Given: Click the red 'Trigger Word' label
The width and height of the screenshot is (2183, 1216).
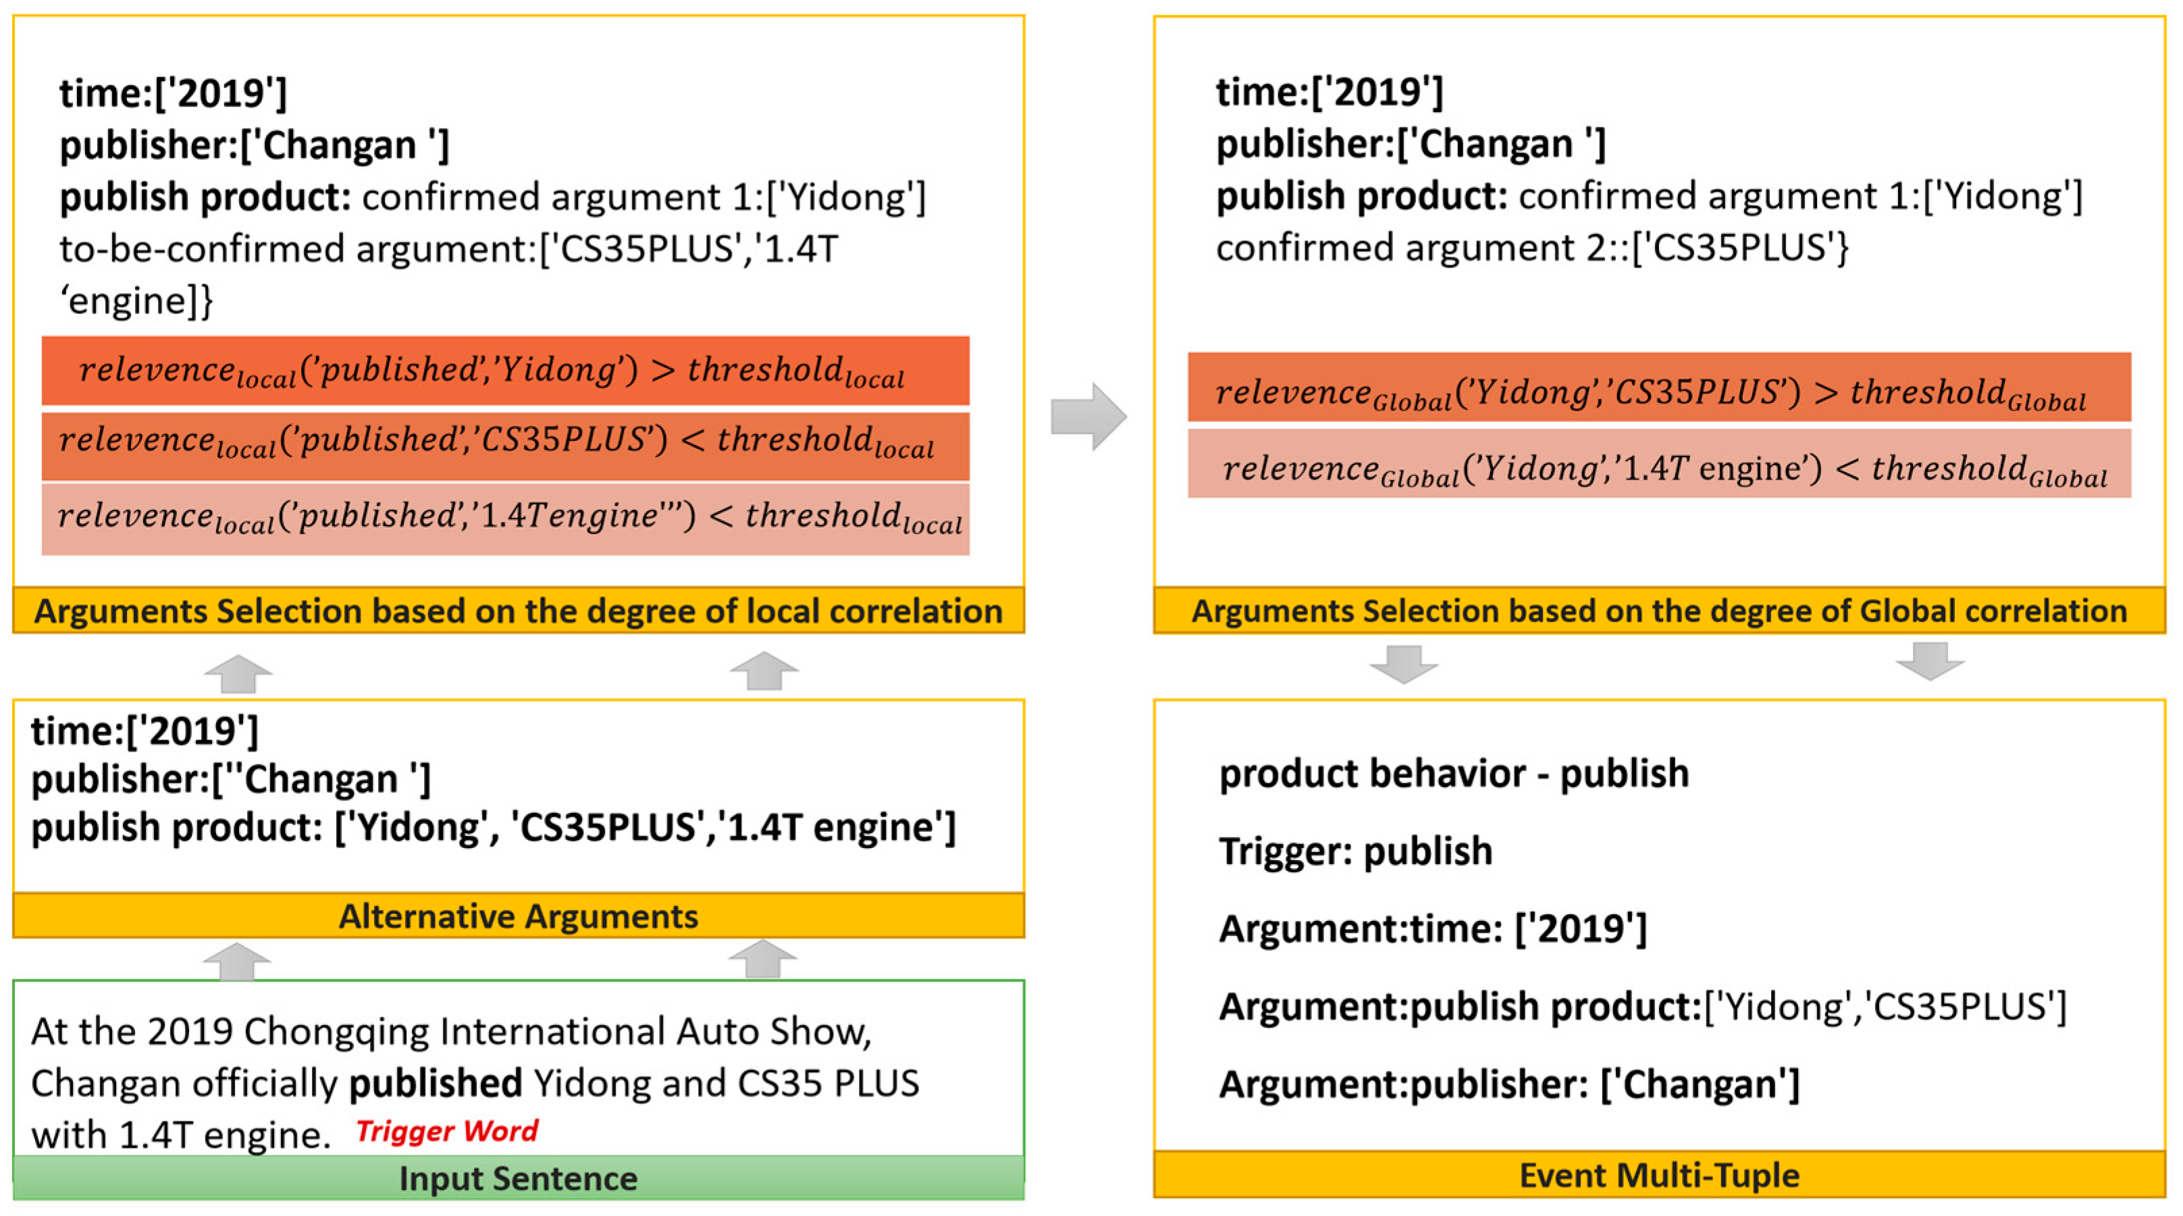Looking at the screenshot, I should [x=446, y=1130].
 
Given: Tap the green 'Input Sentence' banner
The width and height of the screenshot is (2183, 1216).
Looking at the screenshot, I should [x=518, y=1178].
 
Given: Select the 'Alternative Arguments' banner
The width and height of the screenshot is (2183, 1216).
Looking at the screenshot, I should [x=518, y=916].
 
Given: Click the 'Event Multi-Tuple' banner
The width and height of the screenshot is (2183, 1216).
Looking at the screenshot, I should [x=1658, y=1175].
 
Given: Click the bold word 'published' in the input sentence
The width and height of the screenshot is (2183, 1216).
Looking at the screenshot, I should [x=436, y=1083].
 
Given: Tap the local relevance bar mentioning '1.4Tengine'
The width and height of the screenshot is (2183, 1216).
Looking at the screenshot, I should [x=505, y=518].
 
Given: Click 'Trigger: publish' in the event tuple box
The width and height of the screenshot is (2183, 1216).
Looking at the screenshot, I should [x=1355, y=851].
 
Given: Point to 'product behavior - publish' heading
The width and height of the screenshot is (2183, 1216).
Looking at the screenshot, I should [x=1453, y=774].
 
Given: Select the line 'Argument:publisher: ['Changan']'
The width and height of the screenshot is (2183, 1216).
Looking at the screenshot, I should [x=1508, y=1084].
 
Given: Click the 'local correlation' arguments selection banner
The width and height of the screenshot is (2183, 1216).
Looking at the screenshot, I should [x=518, y=611].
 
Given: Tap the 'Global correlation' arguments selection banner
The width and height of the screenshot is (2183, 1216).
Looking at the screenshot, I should [x=1658, y=611].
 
